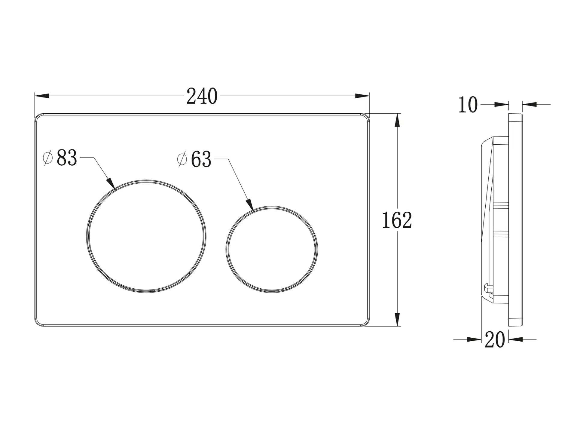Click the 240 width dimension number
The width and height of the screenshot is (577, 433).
pos(202,97)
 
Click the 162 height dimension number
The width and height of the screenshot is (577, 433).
pos(397,220)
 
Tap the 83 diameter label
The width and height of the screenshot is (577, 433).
pos(67,158)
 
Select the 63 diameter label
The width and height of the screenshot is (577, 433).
pos(201,159)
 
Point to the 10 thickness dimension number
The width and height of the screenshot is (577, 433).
pos(468,105)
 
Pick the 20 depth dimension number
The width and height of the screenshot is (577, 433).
pos(495,340)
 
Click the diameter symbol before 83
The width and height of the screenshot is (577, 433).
pos(48,158)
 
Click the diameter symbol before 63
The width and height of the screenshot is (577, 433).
pos(182,159)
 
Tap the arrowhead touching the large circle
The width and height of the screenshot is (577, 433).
pos(111,183)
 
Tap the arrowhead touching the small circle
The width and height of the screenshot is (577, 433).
pos(250,204)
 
